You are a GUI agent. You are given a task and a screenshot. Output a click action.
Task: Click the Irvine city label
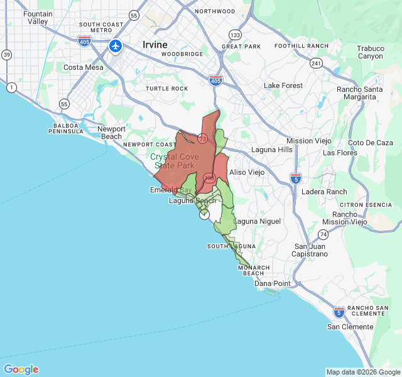click(155, 45)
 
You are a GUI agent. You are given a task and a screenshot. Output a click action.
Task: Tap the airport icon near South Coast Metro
click(116, 46)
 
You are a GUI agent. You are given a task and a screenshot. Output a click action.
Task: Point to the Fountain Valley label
click(38, 18)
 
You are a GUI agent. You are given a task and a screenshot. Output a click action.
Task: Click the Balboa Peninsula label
click(65, 128)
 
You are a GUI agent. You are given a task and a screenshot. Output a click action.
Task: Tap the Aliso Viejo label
click(246, 172)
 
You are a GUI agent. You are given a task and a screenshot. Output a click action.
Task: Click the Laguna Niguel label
click(257, 222)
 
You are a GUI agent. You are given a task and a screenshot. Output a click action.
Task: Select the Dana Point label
click(273, 283)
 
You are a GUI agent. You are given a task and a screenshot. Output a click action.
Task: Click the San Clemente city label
click(350, 327)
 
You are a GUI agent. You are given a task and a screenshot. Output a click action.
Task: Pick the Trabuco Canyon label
click(370, 52)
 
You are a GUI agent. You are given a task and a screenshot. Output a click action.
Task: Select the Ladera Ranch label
click(324, 192)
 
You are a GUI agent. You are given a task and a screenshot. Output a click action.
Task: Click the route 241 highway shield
click(315, 63)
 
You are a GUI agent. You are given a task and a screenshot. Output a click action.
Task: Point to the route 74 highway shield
click(323, 234)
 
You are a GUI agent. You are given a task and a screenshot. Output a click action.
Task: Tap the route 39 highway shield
click(6, 55)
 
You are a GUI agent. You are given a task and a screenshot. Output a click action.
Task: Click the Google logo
click(21, 369)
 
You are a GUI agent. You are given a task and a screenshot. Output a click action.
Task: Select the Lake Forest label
click(283, 85)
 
